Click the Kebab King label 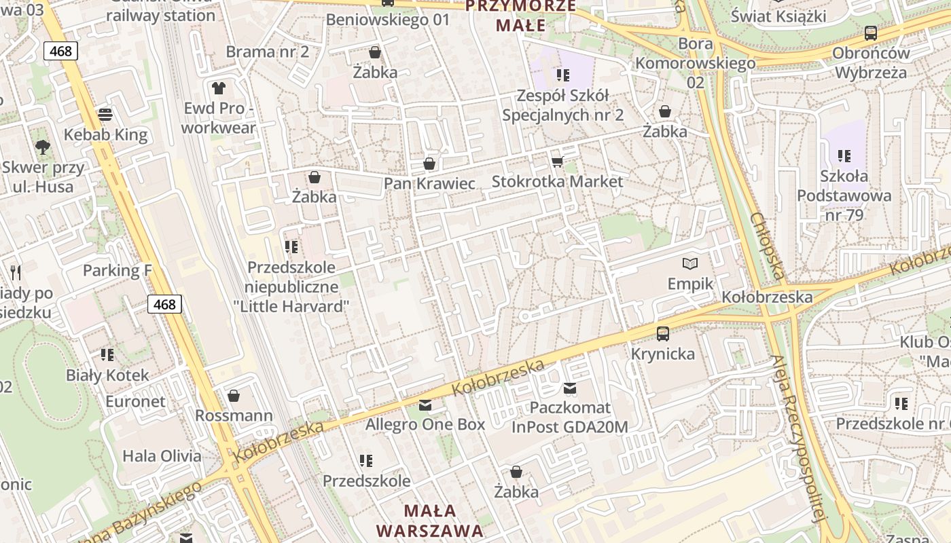click(105, 134)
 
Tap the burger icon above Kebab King click(105, 114)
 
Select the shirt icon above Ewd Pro click(218, 88)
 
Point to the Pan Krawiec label click(429, 183)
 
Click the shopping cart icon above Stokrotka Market click(557, 162)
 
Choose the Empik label click(690, 283)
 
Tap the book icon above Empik click(690, 263)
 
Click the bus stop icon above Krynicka click(663, 333)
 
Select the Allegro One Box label click(425, 425)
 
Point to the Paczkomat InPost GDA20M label click(570, 417)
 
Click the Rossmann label click(234, 415)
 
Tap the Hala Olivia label click(162, 456)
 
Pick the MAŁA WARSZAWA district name click(430, 520)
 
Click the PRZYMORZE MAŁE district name click(521, 16)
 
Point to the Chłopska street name click(768, 246)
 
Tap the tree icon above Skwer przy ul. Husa click(43, 147)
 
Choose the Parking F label click(117, 271)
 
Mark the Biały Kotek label click(107, 375)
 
